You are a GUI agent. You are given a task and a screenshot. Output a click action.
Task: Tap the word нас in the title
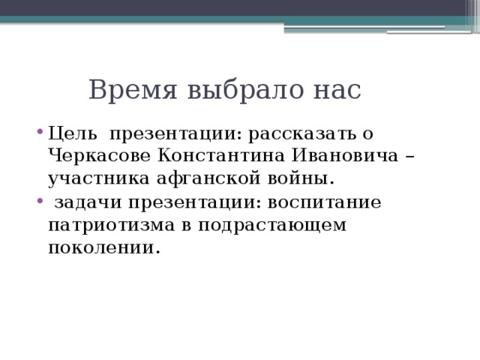335,90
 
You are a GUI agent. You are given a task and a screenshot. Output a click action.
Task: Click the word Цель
72,133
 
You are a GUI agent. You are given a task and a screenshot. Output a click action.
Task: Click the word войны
301,179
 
